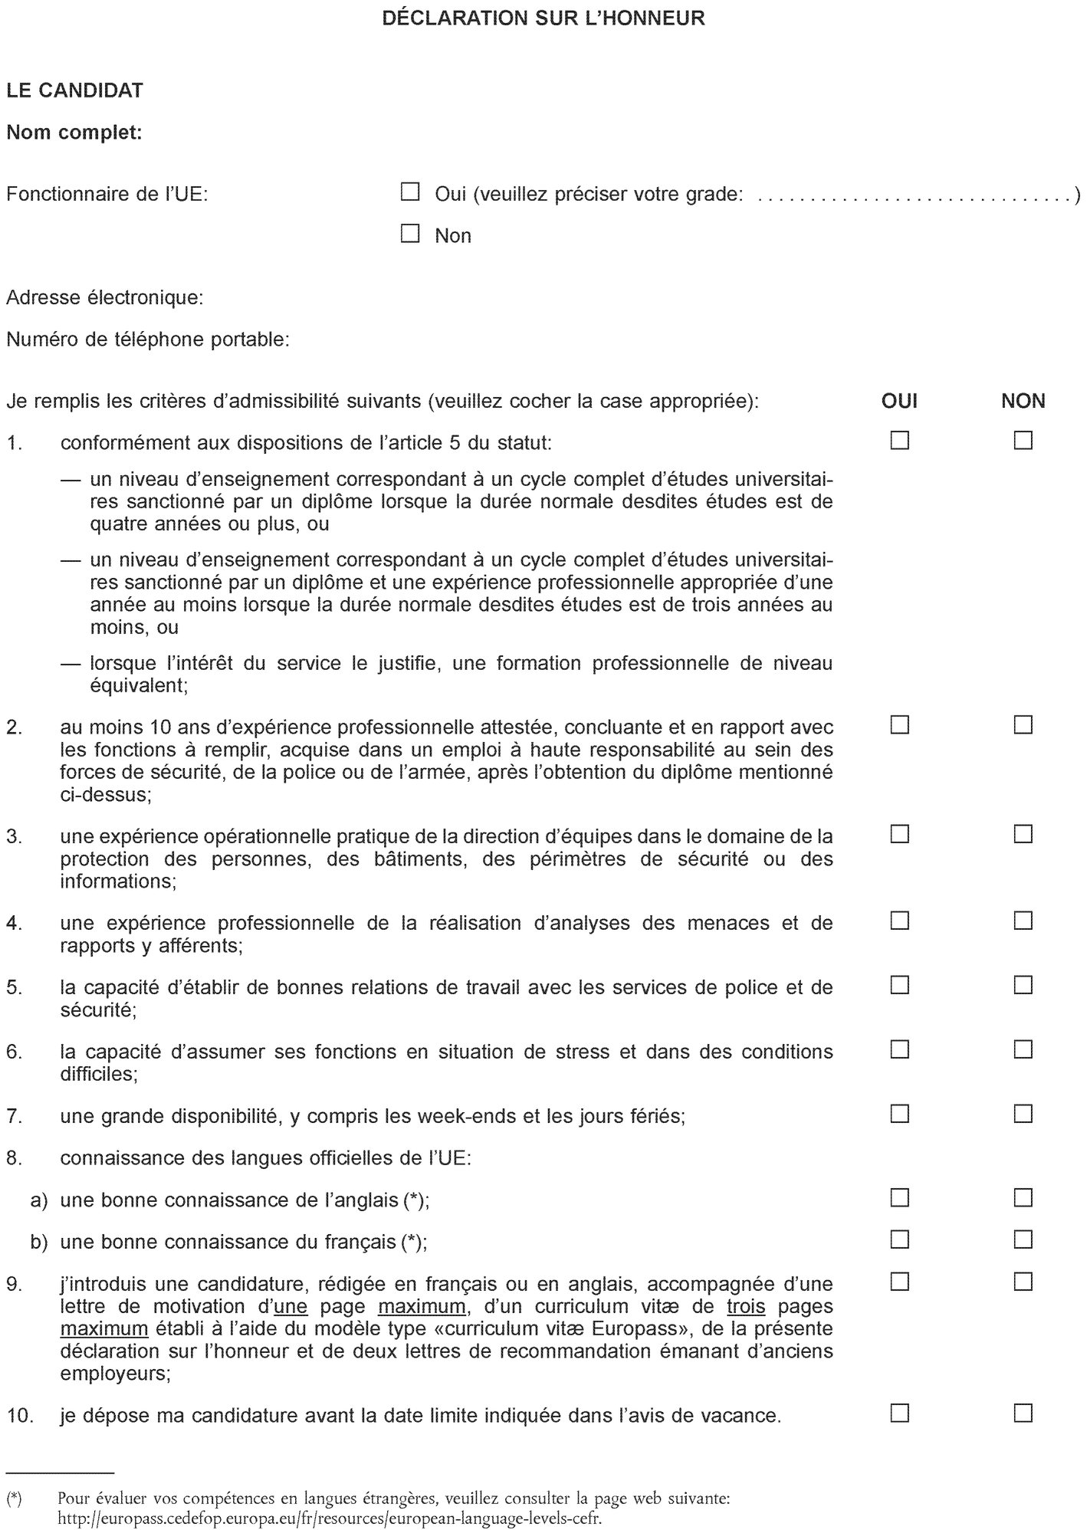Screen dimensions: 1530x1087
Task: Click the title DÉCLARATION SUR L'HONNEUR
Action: click(543, 18)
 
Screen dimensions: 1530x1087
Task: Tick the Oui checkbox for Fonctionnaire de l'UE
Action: click(411, 192)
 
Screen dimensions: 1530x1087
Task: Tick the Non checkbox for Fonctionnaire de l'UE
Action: click(411, 234)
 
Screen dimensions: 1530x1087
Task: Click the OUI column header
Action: click(899, 400)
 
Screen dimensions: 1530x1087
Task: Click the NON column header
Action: click(1023, 400)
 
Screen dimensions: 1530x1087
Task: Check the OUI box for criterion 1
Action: click(899, 441)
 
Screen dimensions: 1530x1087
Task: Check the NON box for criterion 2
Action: click(1023, 724)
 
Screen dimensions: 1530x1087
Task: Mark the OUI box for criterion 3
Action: click(899, 834)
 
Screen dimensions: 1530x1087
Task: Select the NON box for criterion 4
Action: click(1023, 921)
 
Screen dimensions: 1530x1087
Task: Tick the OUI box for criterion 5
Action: click(899, 985)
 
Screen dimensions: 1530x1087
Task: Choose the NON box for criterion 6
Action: click(1023, 1049)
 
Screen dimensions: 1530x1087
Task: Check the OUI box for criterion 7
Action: click(899, 1113)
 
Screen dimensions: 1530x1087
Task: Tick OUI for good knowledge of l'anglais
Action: click(899, 1197)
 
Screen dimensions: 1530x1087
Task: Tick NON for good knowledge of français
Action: click(1023, 1239)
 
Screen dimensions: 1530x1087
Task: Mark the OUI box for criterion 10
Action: click(899, 1413)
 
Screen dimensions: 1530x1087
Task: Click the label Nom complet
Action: click(74, 133)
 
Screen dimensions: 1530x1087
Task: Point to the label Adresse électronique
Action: click(104, 297)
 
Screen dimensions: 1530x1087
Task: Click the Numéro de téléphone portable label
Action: click(147, 339)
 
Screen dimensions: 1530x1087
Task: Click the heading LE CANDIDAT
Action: click(74, 90)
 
